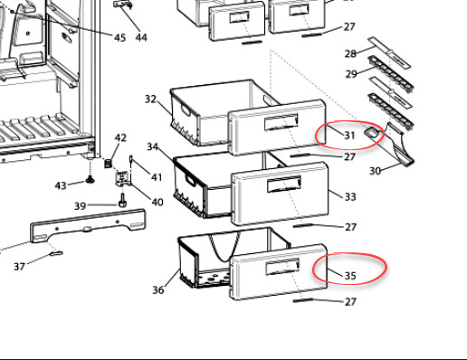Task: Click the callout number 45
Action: click(x=119, y=38)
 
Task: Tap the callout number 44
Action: click(x=141, y=38)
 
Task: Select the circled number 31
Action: click(x=349, y=136)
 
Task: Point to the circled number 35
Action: click(x=350, y=276)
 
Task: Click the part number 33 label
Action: click(x=350, y=197)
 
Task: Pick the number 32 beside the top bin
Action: click(x=150, y=99)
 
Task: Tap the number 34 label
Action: click(x=152, y=147)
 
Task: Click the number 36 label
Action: click(x=158, y=290)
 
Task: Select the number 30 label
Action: click(x=375, y=171)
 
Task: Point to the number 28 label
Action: click(x=350, y=53)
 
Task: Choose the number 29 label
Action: click(x=351, y=74)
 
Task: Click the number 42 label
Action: click(x=120, y=137)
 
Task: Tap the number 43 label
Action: click(x=61, y=185)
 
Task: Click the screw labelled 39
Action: click(x=122, y=201)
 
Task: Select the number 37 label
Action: click(x=20, y=267)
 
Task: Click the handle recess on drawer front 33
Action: click(x=284, y=185)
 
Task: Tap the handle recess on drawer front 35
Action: click(x=282, y=266)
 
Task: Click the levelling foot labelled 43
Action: click(x=90, y=179)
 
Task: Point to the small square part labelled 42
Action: click(x=109, y=164)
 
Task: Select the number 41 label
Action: click(x=157, y=177)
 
